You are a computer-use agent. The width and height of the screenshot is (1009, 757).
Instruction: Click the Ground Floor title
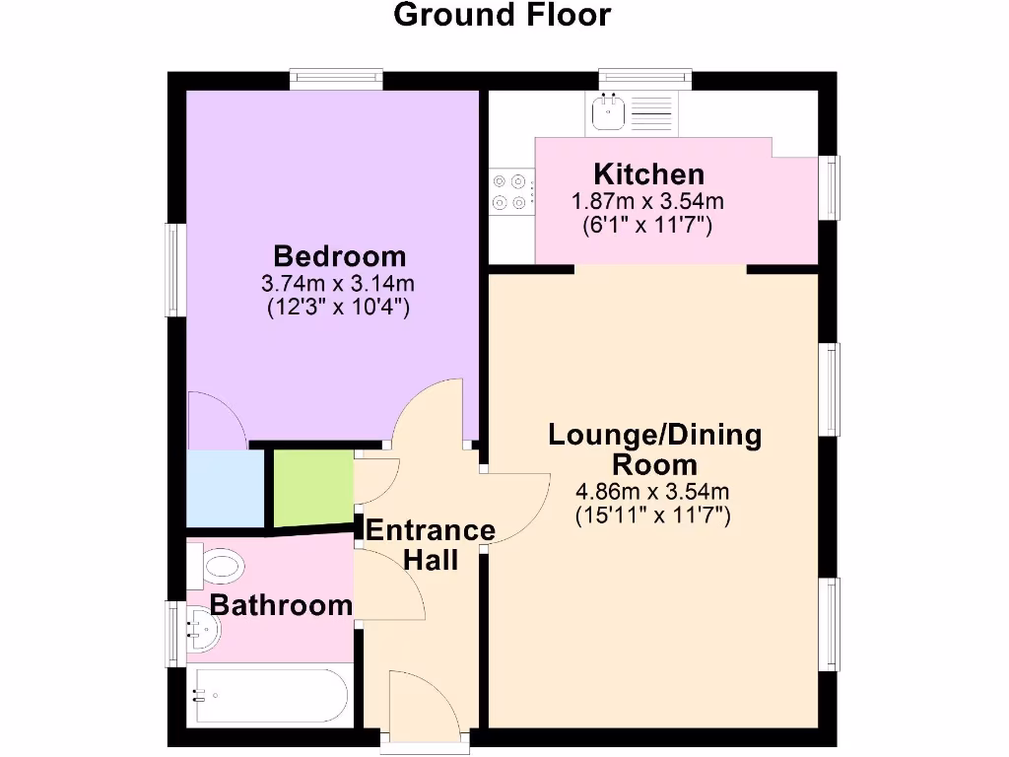click(503, 16)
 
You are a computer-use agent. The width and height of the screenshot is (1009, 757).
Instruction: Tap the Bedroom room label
click(339, 256)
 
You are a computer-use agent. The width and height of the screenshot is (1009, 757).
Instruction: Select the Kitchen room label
click(648, 175)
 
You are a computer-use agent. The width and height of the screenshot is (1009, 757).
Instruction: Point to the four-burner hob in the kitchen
click(510, 192)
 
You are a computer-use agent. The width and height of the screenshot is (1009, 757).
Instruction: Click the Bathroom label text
click(281, 604)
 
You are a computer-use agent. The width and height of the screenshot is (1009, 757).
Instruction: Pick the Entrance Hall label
click(431, 545)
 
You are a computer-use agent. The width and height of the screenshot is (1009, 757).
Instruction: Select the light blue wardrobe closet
click(226, 489)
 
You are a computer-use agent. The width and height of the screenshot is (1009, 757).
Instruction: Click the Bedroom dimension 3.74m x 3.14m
click(338, 284)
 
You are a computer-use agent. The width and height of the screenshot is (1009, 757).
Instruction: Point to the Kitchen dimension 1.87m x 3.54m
click(648, 202)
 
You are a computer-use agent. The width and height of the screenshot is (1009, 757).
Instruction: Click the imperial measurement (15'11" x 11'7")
click(652, 515)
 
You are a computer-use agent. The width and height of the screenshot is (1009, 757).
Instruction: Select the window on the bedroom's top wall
click(336, 80)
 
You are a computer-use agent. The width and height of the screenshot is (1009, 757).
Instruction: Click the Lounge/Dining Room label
click(654, 448)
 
